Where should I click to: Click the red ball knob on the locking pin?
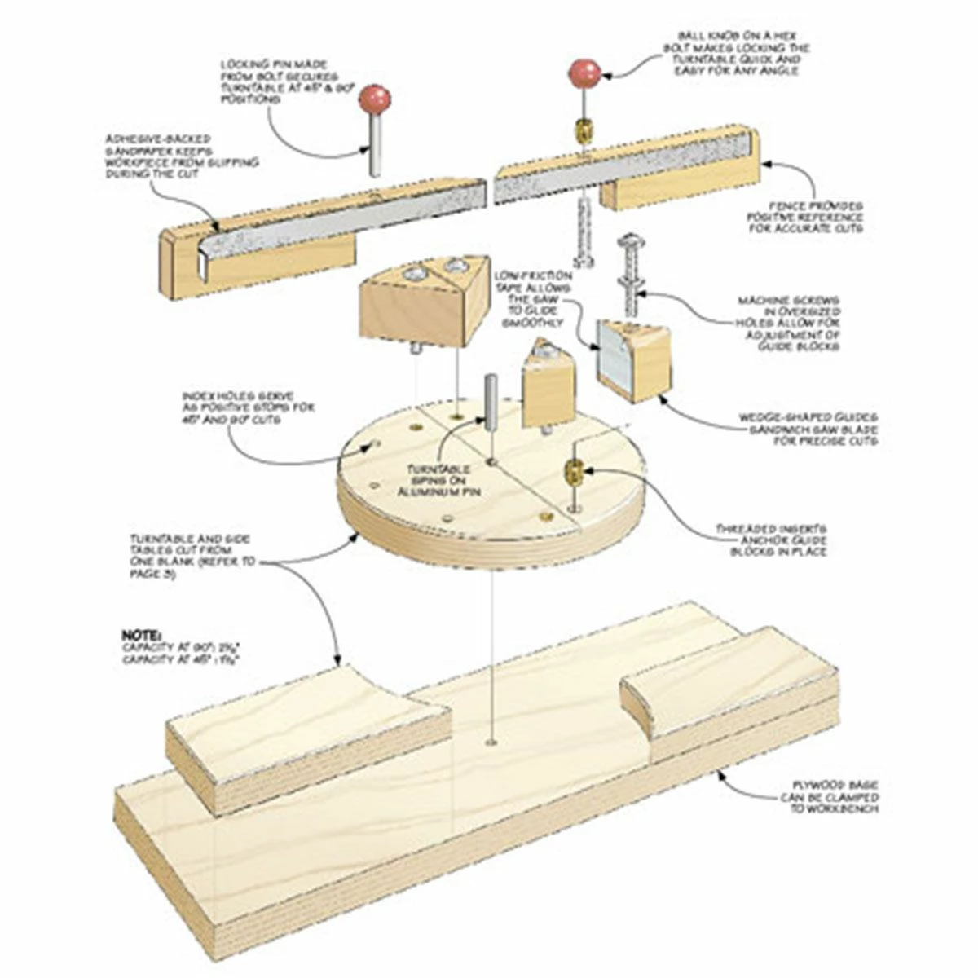click(374, 99)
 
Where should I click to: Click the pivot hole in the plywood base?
click(491, 742)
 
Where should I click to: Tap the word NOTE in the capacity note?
click(141, 633)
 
